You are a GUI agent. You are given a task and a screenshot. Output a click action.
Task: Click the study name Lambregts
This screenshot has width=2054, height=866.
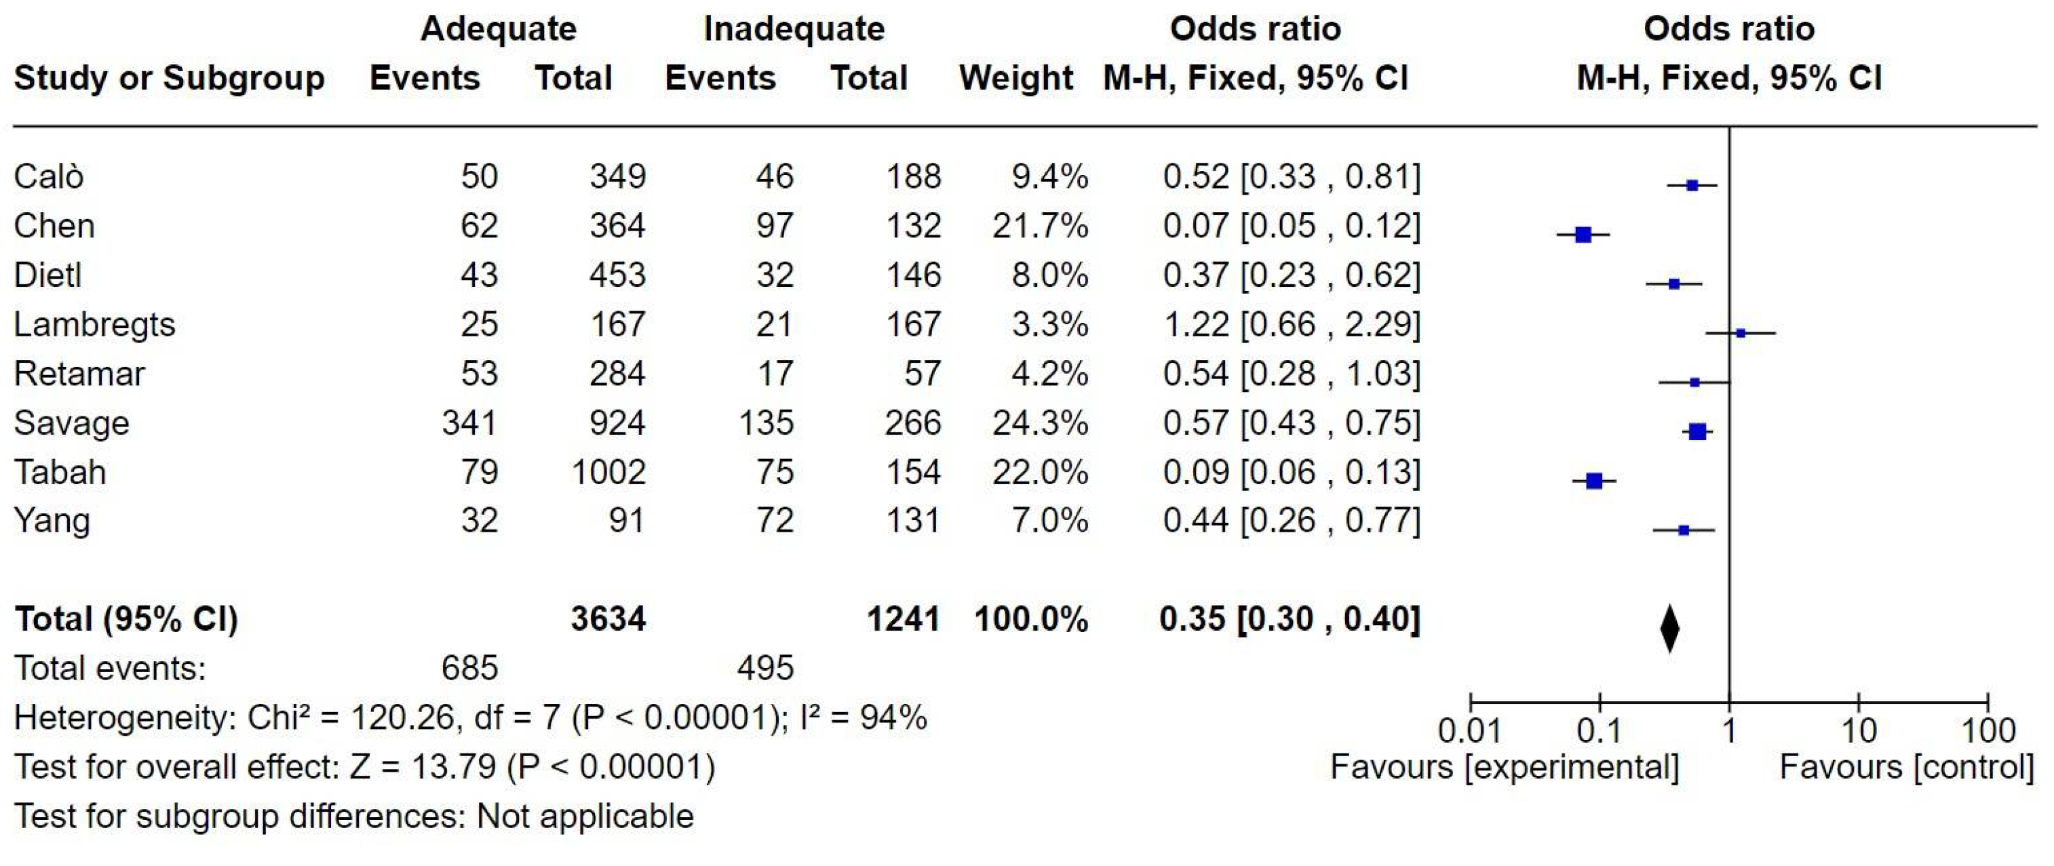click(x=94, y=326)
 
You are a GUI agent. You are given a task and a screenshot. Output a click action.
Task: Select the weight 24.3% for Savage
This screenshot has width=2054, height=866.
click(x=1040, y=423)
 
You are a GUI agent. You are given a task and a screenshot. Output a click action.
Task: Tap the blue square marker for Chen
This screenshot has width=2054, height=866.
click(x=1583, y=235)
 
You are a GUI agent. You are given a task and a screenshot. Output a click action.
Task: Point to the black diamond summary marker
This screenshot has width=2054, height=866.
click(x=1669, y=629)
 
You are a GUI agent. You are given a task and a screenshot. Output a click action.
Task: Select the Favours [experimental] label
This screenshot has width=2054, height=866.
click(x=1505, y=768)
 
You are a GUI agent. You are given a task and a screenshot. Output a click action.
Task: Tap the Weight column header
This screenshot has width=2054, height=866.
click(x=1016, y=78)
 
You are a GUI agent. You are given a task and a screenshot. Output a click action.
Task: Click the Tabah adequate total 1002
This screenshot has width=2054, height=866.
click(x=608, y=473)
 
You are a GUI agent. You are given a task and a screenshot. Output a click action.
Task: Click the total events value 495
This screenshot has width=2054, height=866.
click(x=764, y=668)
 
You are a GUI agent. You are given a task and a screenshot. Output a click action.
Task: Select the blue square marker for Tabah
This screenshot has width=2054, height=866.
click(x=1594, y=481)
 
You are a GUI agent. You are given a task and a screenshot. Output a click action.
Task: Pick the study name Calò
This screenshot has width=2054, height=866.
click(x=49, y=177)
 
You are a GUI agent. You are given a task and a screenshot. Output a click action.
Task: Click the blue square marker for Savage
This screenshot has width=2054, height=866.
click(x=1698, y=432)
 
